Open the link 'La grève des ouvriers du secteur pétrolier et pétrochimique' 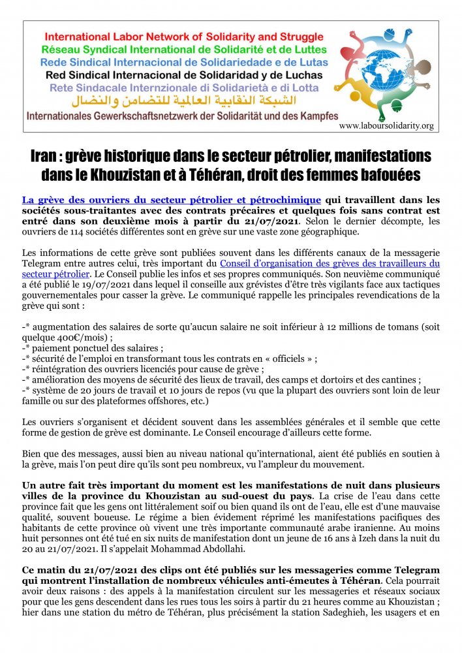[x=172, y=199]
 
